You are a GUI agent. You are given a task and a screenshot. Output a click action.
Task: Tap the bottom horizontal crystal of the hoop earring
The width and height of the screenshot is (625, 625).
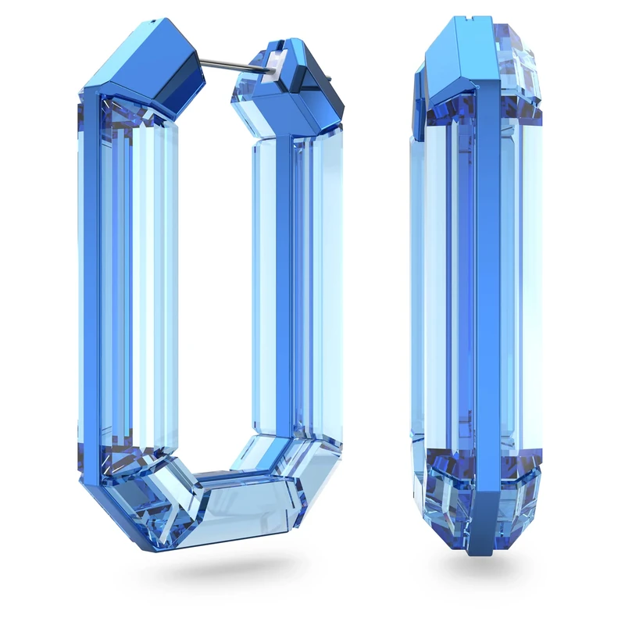click(234, 500)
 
